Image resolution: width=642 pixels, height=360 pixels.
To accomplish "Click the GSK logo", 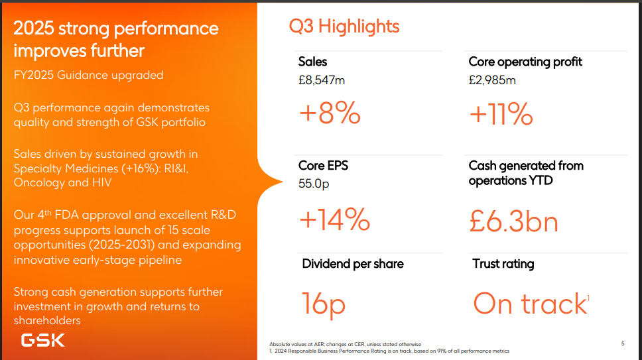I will pos(42,341).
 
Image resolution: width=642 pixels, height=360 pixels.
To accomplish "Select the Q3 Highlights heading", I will pos(344,26).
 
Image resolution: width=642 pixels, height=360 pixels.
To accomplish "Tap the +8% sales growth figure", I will pos(330,114).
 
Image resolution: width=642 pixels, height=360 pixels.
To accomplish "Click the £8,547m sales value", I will pos(322,80).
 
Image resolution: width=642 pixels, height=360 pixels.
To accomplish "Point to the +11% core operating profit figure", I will pos(501,114).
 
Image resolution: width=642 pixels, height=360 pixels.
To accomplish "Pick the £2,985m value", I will pos(492,80).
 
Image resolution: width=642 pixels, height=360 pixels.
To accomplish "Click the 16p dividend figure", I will pos(324,304).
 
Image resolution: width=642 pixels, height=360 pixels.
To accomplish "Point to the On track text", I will pos(530,304).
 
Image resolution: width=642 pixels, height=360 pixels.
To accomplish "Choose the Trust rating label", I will pos(503,264).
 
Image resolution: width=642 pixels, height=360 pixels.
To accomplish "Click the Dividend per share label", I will pos(353,264).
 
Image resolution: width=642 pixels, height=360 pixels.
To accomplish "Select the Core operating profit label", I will pos(525,62).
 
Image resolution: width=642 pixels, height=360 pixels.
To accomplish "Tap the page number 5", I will pos(623,343).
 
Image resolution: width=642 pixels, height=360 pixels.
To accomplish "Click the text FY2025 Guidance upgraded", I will pos(88,75).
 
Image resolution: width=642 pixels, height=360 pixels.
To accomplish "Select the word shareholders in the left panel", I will pos(47,321).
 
